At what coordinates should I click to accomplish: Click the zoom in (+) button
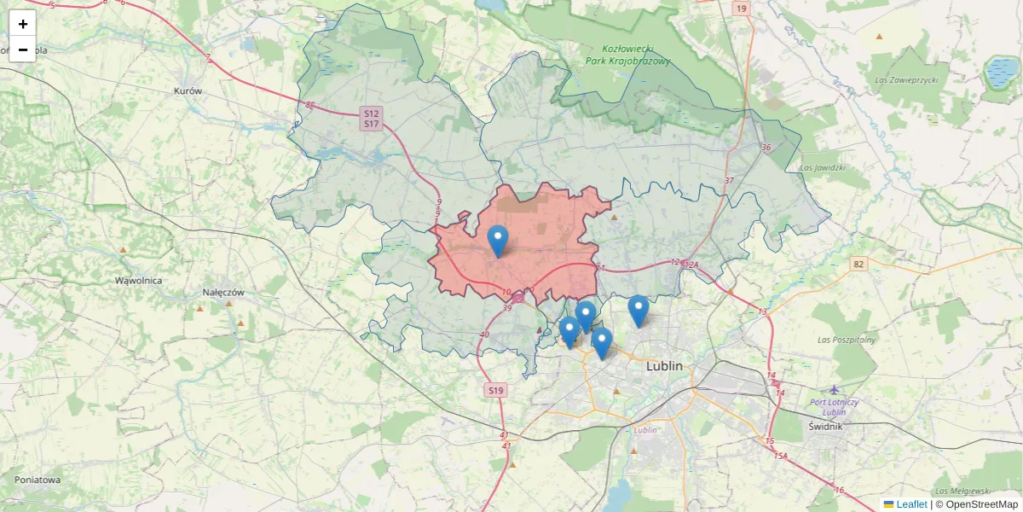click(23, 24)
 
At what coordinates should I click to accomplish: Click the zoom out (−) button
click(23, 49)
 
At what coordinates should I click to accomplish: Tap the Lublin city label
click(665, 366)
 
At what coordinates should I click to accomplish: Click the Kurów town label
click(188, 90)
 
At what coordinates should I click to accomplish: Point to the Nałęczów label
click(223, 292)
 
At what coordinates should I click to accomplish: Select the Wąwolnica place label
click(139, 280)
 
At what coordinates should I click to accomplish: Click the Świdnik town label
click(824, 425)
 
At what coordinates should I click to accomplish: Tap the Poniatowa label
click(38, 480)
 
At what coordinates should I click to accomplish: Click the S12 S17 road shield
click(371, 119)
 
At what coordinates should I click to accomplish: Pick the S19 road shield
click(495, 390)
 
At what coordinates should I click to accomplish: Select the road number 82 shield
click(858, 265)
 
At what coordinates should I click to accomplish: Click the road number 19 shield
click(741, 9)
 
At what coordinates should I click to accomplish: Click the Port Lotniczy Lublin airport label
click(835, 407)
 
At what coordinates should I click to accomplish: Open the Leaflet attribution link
click(911, 504)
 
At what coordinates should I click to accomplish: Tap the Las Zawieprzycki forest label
click(906, 80)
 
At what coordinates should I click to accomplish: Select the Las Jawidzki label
click(823, 167)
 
